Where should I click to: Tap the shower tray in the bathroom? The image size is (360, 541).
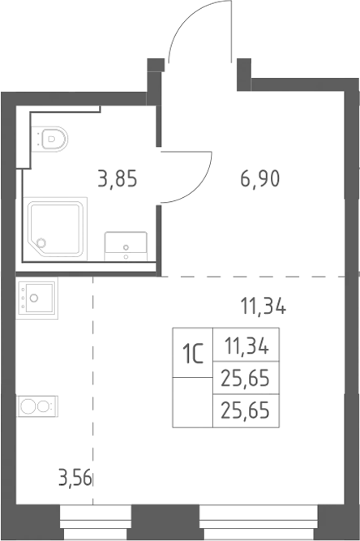pyautogui.click(x=55, y=229)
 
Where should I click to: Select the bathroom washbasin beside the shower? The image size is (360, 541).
pyautogui.click(x=126, y=246)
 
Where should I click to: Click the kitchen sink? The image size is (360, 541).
pyautogui.click(x=36, y=298)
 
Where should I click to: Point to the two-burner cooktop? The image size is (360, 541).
pyautogui.click(x=37, y=406)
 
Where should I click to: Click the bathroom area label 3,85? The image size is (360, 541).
pyautogui.click(x=118, y=180)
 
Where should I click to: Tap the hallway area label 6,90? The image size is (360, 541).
pyautogui.click(x=259, y=179)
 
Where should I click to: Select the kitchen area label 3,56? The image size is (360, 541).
pyautogui.click(x=75, y=479)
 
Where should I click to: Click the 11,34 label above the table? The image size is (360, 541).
pyautogui.click(x=263, y=307)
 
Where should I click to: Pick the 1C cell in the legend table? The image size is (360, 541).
pyautogui.click(x=193, y=352)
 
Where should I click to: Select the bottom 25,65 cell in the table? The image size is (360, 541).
pyautogui.click(x=246, y=411)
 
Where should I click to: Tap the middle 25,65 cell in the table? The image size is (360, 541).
pyautogui.click(x=246, y=378)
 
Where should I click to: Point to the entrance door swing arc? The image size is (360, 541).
pyautogui.click(x=182, y=21)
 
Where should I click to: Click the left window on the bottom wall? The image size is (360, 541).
pyautogui.click(x=96, y=522)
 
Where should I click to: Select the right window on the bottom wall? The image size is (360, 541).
pyautogui.click(x=259, y=522)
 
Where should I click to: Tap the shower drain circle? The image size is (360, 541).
pyautogui.click(x=41, y=243)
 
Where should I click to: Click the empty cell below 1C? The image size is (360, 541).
pyautogui.click(x=193, y=402)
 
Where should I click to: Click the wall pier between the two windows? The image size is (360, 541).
pyautogui.click(x=165, y=522)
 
